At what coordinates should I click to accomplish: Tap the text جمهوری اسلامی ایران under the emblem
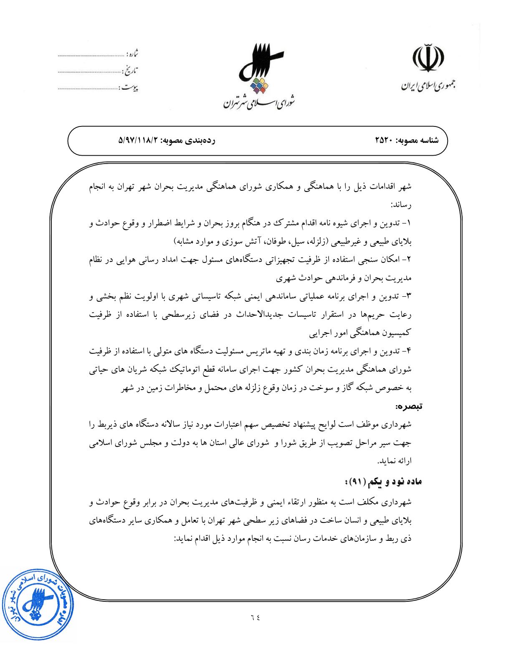coord(428,85)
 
